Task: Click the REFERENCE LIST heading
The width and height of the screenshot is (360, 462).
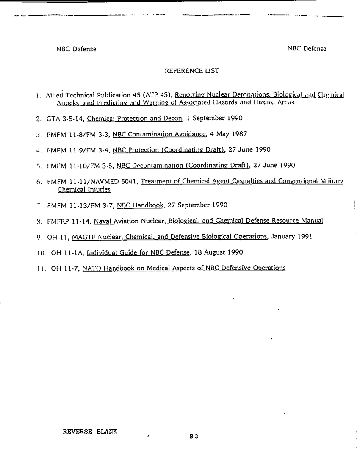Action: click(191, 71)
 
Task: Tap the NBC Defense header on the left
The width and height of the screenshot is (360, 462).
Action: click(76, 49)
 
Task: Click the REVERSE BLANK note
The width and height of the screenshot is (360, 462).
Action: click(90, 432)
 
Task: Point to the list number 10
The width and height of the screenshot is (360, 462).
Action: click(41, 253)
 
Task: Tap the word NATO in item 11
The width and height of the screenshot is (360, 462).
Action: click(91, 268)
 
